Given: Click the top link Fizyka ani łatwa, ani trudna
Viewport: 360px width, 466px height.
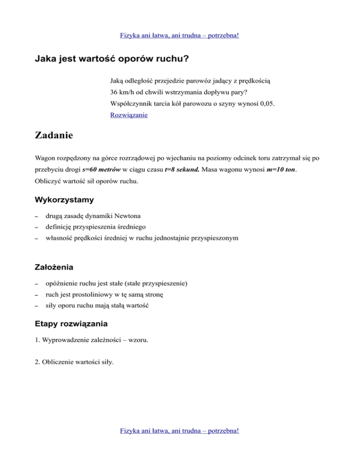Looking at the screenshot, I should click(x=180, y=35).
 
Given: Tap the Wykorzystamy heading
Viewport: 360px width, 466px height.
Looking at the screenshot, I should click(x=64, y=200).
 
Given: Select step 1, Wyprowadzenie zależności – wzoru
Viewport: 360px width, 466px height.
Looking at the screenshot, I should click(x=92, y=340).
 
